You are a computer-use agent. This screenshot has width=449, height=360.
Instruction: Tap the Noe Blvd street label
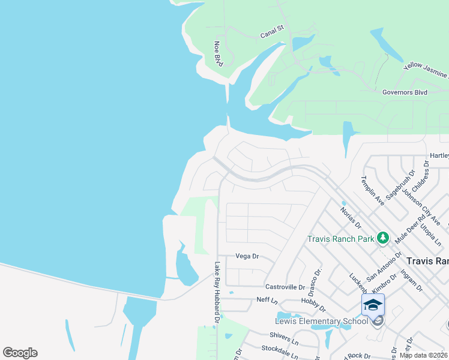(x=218, y=53)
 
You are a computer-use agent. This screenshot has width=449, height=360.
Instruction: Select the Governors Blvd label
(x=405, y=92)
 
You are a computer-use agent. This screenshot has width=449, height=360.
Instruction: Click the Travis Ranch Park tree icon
(x=382, y=239)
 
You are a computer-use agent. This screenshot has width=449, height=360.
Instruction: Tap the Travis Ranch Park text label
(x=340, y=239)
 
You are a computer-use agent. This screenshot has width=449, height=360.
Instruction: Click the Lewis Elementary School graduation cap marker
(x=373, y=305)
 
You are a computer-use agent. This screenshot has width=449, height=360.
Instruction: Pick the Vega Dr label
(x=247, y=256)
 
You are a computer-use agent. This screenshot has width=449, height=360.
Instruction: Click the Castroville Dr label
(x=285, y=288)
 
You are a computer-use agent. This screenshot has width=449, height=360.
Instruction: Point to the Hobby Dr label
(x=313, y=304)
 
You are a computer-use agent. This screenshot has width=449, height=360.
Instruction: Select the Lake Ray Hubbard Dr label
(x=217, y=292)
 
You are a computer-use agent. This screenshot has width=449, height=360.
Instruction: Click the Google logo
(x=20, y=353)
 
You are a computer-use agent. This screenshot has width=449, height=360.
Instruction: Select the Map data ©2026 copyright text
(x=424, y=355)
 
